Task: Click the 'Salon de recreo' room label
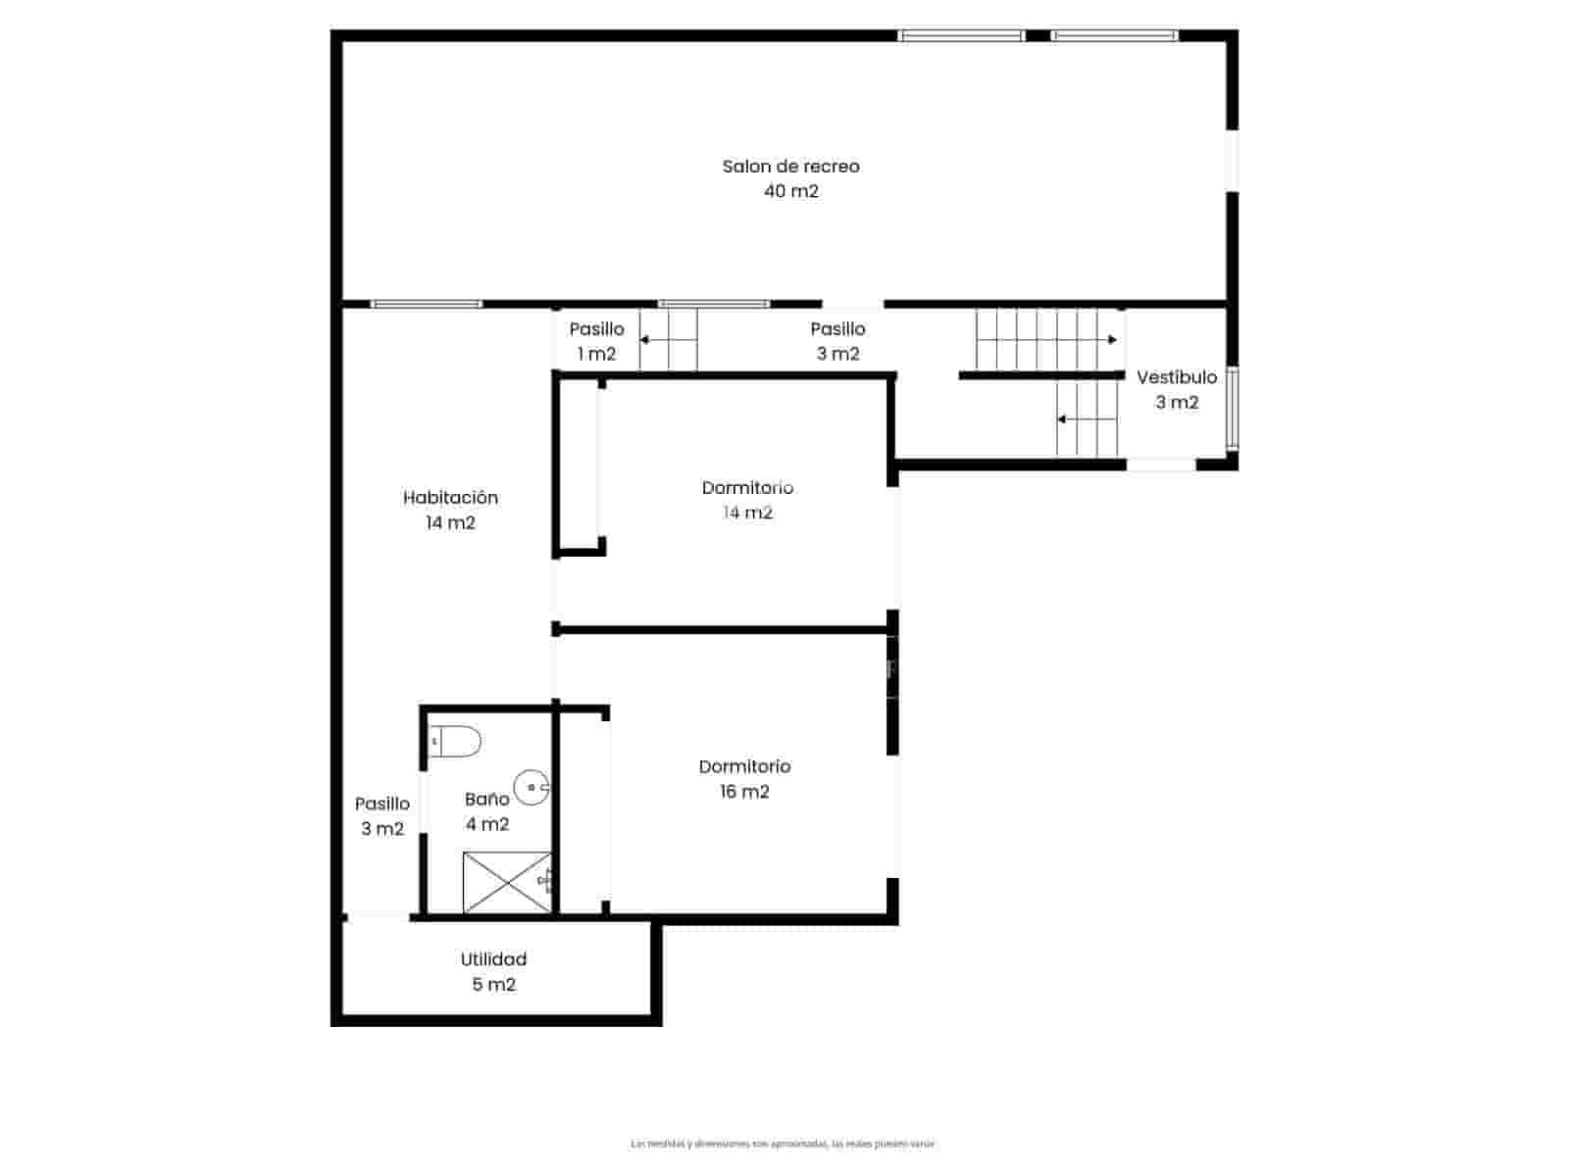790,167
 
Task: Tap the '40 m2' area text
790,191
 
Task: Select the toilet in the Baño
456,742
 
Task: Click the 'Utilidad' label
493,959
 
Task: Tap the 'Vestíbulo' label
1176,377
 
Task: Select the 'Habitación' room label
450,498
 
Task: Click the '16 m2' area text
744,792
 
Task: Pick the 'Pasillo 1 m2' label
596,341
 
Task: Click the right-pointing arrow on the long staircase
1111,340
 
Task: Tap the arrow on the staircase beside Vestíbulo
1063,419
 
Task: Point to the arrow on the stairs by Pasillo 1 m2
646,340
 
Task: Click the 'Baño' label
486,799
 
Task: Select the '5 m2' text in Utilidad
493,985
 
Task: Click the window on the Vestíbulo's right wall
1233,409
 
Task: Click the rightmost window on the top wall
1114,36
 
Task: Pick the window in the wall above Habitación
427,304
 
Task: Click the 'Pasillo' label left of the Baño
381,804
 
